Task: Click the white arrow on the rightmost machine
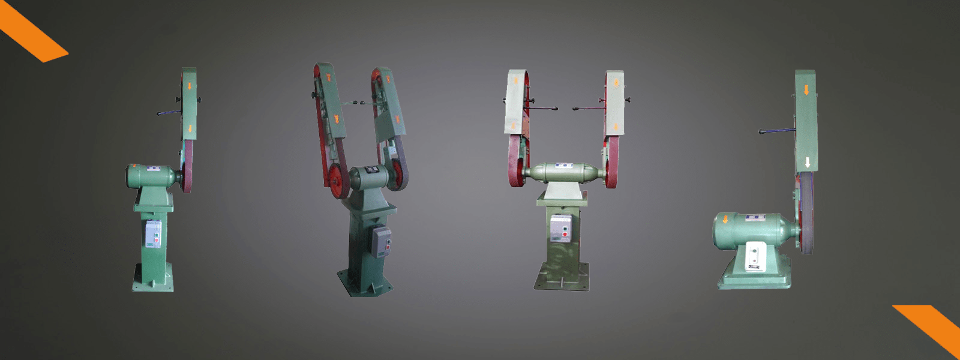(x=808, y=162)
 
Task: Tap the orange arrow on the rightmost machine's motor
(x=725, y=220)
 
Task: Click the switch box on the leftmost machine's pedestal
(x=153, y=233)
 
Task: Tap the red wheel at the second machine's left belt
(x=338, y=179)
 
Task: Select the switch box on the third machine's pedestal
(x=560, y=228)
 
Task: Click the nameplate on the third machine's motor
(x=562, y=165)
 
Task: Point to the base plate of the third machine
(x=562, y=280)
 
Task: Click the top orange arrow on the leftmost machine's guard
(x=190, y=86)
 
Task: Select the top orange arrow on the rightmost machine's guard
(x=806, y=90)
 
